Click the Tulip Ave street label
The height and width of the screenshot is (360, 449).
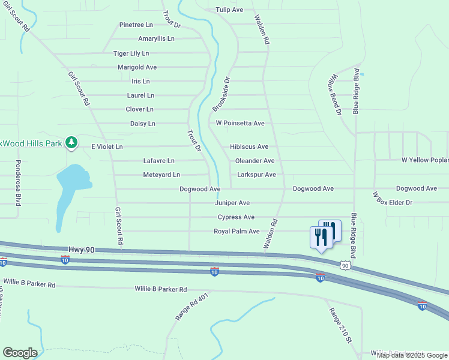(229, 10)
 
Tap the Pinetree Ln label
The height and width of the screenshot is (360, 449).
(136, 25)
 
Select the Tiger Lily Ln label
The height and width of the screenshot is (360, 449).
(131, 53)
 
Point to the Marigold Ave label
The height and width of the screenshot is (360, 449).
(137, 67)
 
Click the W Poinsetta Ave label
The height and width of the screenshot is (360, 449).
(240, 123)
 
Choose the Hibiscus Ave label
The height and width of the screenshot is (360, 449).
(249, 146)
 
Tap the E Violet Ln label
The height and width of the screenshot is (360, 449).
(107, 146)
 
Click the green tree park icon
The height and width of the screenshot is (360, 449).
(71, 142)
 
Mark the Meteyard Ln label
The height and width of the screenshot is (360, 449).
(161, 175)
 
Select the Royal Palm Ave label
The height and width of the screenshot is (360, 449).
(237, 231)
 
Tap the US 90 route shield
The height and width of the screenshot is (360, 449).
(344, 265)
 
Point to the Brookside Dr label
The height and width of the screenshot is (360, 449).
(221, 94)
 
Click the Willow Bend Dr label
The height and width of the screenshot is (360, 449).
(334, 95)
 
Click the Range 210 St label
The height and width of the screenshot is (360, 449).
(339, 325)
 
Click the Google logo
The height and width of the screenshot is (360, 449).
(20, 353)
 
